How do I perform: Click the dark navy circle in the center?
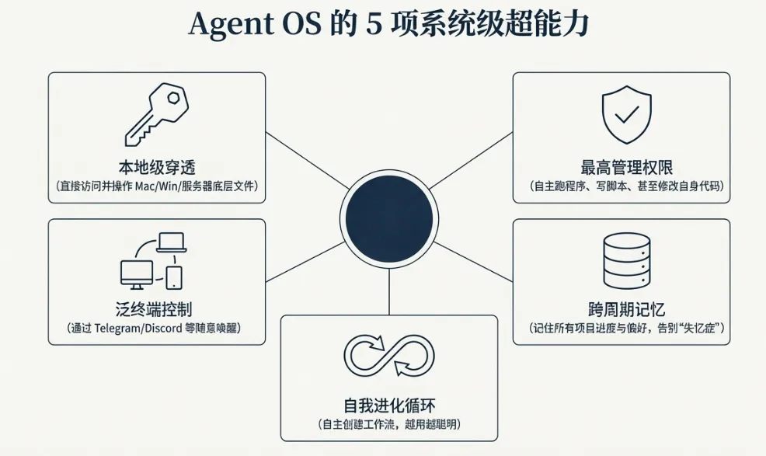point(388,217)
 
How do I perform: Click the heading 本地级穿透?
point(157,167)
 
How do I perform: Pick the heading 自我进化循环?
point(388,405)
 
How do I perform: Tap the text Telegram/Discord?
point(135,329)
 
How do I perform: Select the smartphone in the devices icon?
point(174,277)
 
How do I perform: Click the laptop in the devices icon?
point(171,242)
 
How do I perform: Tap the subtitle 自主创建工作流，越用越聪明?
point(388,424)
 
